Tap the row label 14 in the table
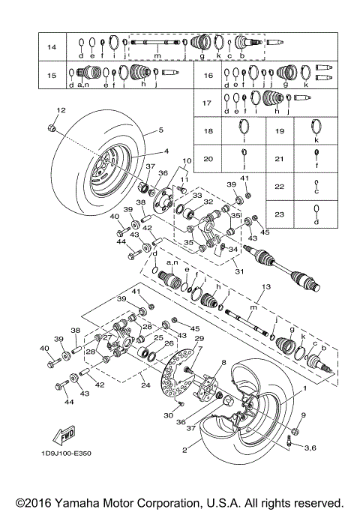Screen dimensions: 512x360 [52, 47]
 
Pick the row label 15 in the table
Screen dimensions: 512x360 [52, 76]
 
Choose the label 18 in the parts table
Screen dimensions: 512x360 [208, 131]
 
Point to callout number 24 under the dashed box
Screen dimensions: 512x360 [145, 388]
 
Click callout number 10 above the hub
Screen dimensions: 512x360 [187, 161]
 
